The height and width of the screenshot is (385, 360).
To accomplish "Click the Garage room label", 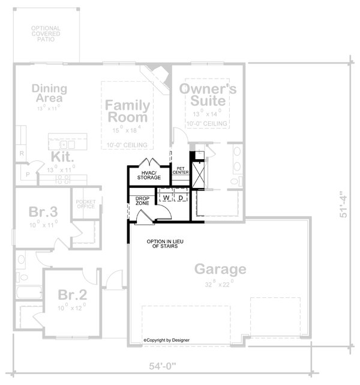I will pyautogui.click(x=219, y=269).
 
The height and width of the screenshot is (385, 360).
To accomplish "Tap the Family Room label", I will pyautogui.click(x=127, y=111).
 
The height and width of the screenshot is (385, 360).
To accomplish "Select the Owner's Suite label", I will pyautogui.click(x=208, y=94).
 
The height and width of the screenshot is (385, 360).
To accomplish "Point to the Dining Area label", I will pyautogui.click(x=49, y=93).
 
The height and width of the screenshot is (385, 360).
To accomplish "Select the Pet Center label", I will pyautogui.click(x=181, y=170).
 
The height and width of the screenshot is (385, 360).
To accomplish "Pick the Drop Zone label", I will pyautogui.click(x=142, y=201).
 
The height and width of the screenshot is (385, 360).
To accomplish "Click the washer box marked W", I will pyautogui.click(x=166, y=198).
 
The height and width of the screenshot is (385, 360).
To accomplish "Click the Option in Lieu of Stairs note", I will pyautogui.click(x=166, y=244).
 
